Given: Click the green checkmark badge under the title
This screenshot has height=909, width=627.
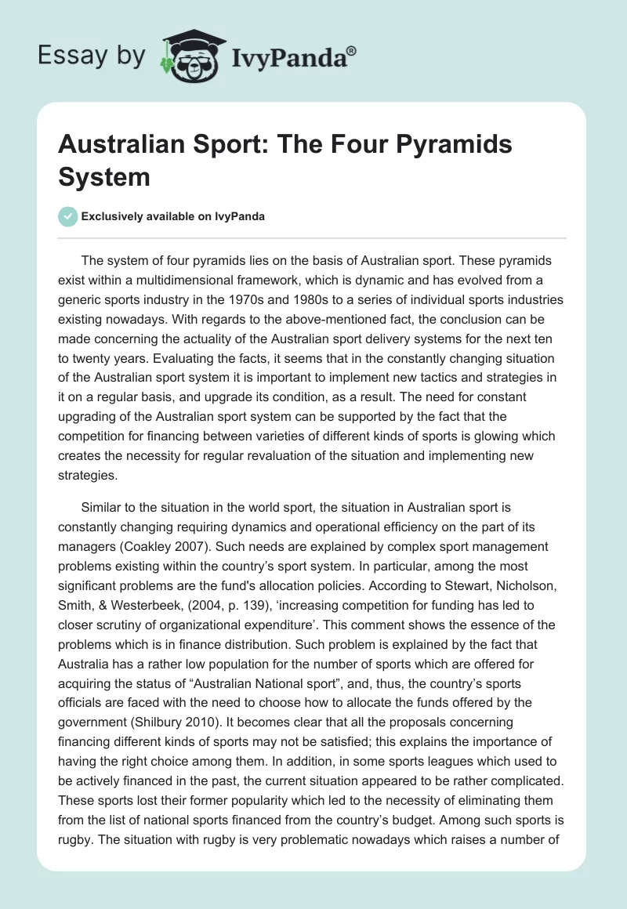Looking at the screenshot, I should [x=68, y=216].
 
